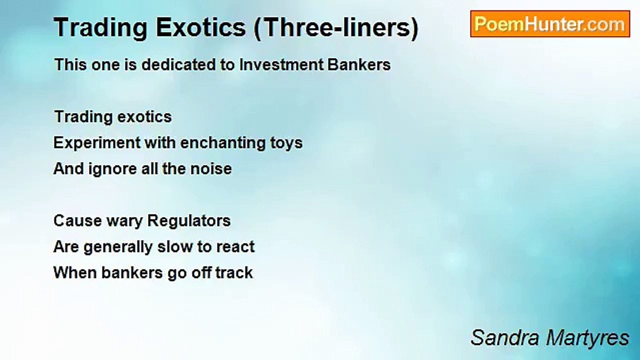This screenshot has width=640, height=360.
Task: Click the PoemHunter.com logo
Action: point(549,24)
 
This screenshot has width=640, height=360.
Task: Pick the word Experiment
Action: point(97,143)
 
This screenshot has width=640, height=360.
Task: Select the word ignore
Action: point(113,169)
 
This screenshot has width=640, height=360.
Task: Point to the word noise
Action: point(210,169)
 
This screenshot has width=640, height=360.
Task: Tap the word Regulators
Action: point(189,221)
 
